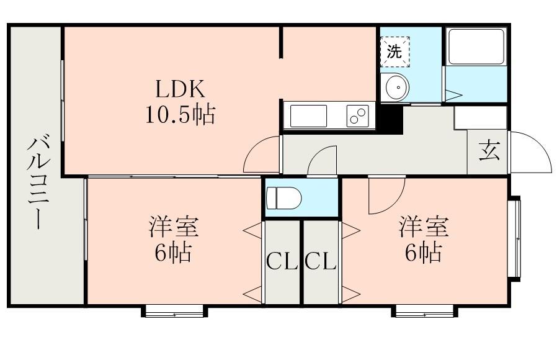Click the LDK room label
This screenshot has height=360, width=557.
(180, 89)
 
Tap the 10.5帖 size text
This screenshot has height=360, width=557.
(180, 115)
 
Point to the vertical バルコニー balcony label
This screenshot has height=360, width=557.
(38, 182)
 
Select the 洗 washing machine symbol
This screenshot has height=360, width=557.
(394, 52)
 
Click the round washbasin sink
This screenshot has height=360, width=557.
(394, 88)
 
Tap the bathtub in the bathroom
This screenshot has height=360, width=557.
(476, 47)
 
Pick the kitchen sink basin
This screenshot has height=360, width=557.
(308, 116)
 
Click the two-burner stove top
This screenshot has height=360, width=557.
(358, 116)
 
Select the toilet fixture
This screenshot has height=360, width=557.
(283, 198)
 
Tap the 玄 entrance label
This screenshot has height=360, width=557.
(489, 150)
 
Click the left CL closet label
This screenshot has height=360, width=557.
(282, 262)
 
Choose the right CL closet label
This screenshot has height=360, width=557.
(321, 262)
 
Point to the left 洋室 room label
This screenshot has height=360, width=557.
(174, 227)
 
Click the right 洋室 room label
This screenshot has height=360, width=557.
(424, 227)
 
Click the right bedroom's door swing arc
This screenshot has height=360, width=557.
(395, 204)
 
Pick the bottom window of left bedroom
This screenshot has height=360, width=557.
(174, 310)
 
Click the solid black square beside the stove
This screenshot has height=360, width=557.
(390, 119)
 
